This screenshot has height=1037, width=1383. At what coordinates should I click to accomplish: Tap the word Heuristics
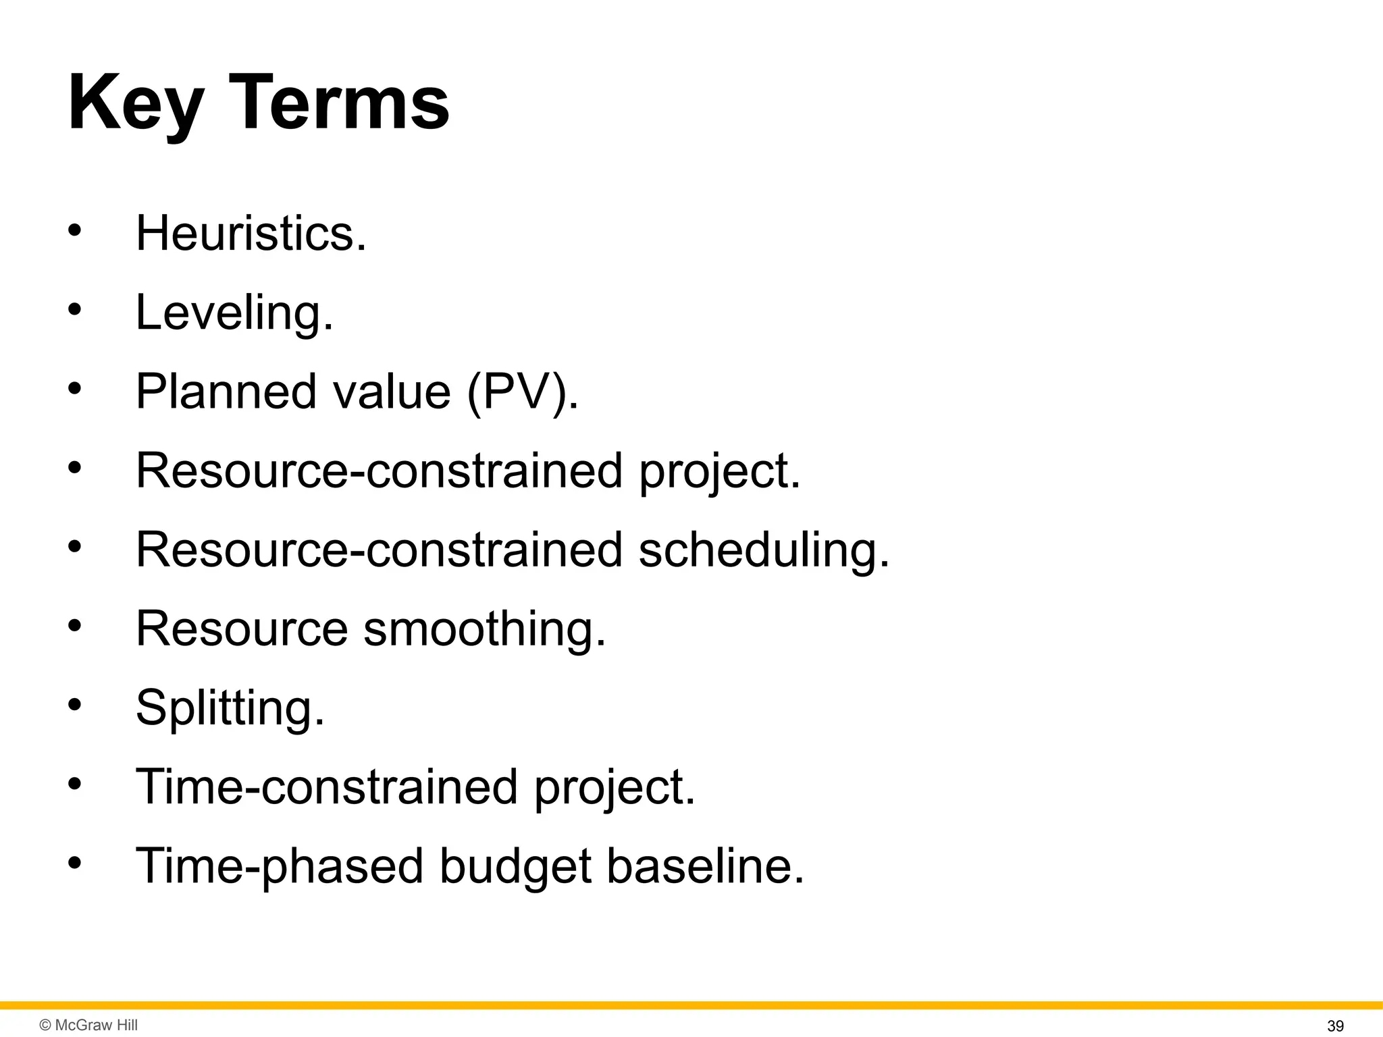click(251, 233)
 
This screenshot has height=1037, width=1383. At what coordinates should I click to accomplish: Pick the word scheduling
click(764, 550)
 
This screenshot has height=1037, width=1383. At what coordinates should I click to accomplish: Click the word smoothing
click(484, 629)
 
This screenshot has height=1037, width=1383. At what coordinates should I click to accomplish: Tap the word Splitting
click(230, 708)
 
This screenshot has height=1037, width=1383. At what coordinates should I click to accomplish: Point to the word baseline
click(705, 866)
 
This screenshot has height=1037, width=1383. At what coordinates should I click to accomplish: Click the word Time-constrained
click(326, 787)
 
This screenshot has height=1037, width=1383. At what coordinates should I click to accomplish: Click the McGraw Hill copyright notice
click(88, 1025)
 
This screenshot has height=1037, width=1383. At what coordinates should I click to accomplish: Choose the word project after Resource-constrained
click(719, 471)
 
